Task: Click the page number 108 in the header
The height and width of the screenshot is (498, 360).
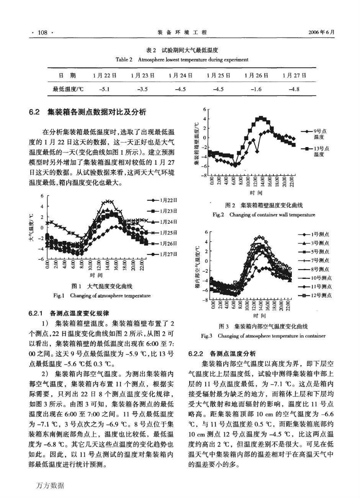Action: coord(43,33)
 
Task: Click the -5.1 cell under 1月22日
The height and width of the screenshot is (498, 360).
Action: coord(104,89)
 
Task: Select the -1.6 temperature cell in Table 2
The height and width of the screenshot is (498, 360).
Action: coord(256,89)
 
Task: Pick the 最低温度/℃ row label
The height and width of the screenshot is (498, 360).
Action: coord(68,89)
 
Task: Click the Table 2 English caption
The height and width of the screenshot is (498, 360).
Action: coord(182,59)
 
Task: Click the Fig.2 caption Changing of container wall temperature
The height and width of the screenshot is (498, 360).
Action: coord(264,215)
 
